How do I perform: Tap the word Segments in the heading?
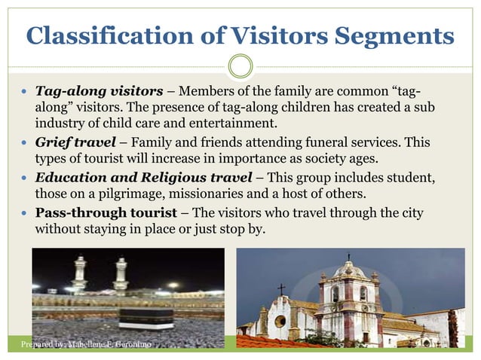pyautogui.click(x=391, y=35)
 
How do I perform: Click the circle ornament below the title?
pyautogui.click(x=240, y=66)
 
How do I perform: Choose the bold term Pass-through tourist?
pyautogui.click(x=102, y=212)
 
